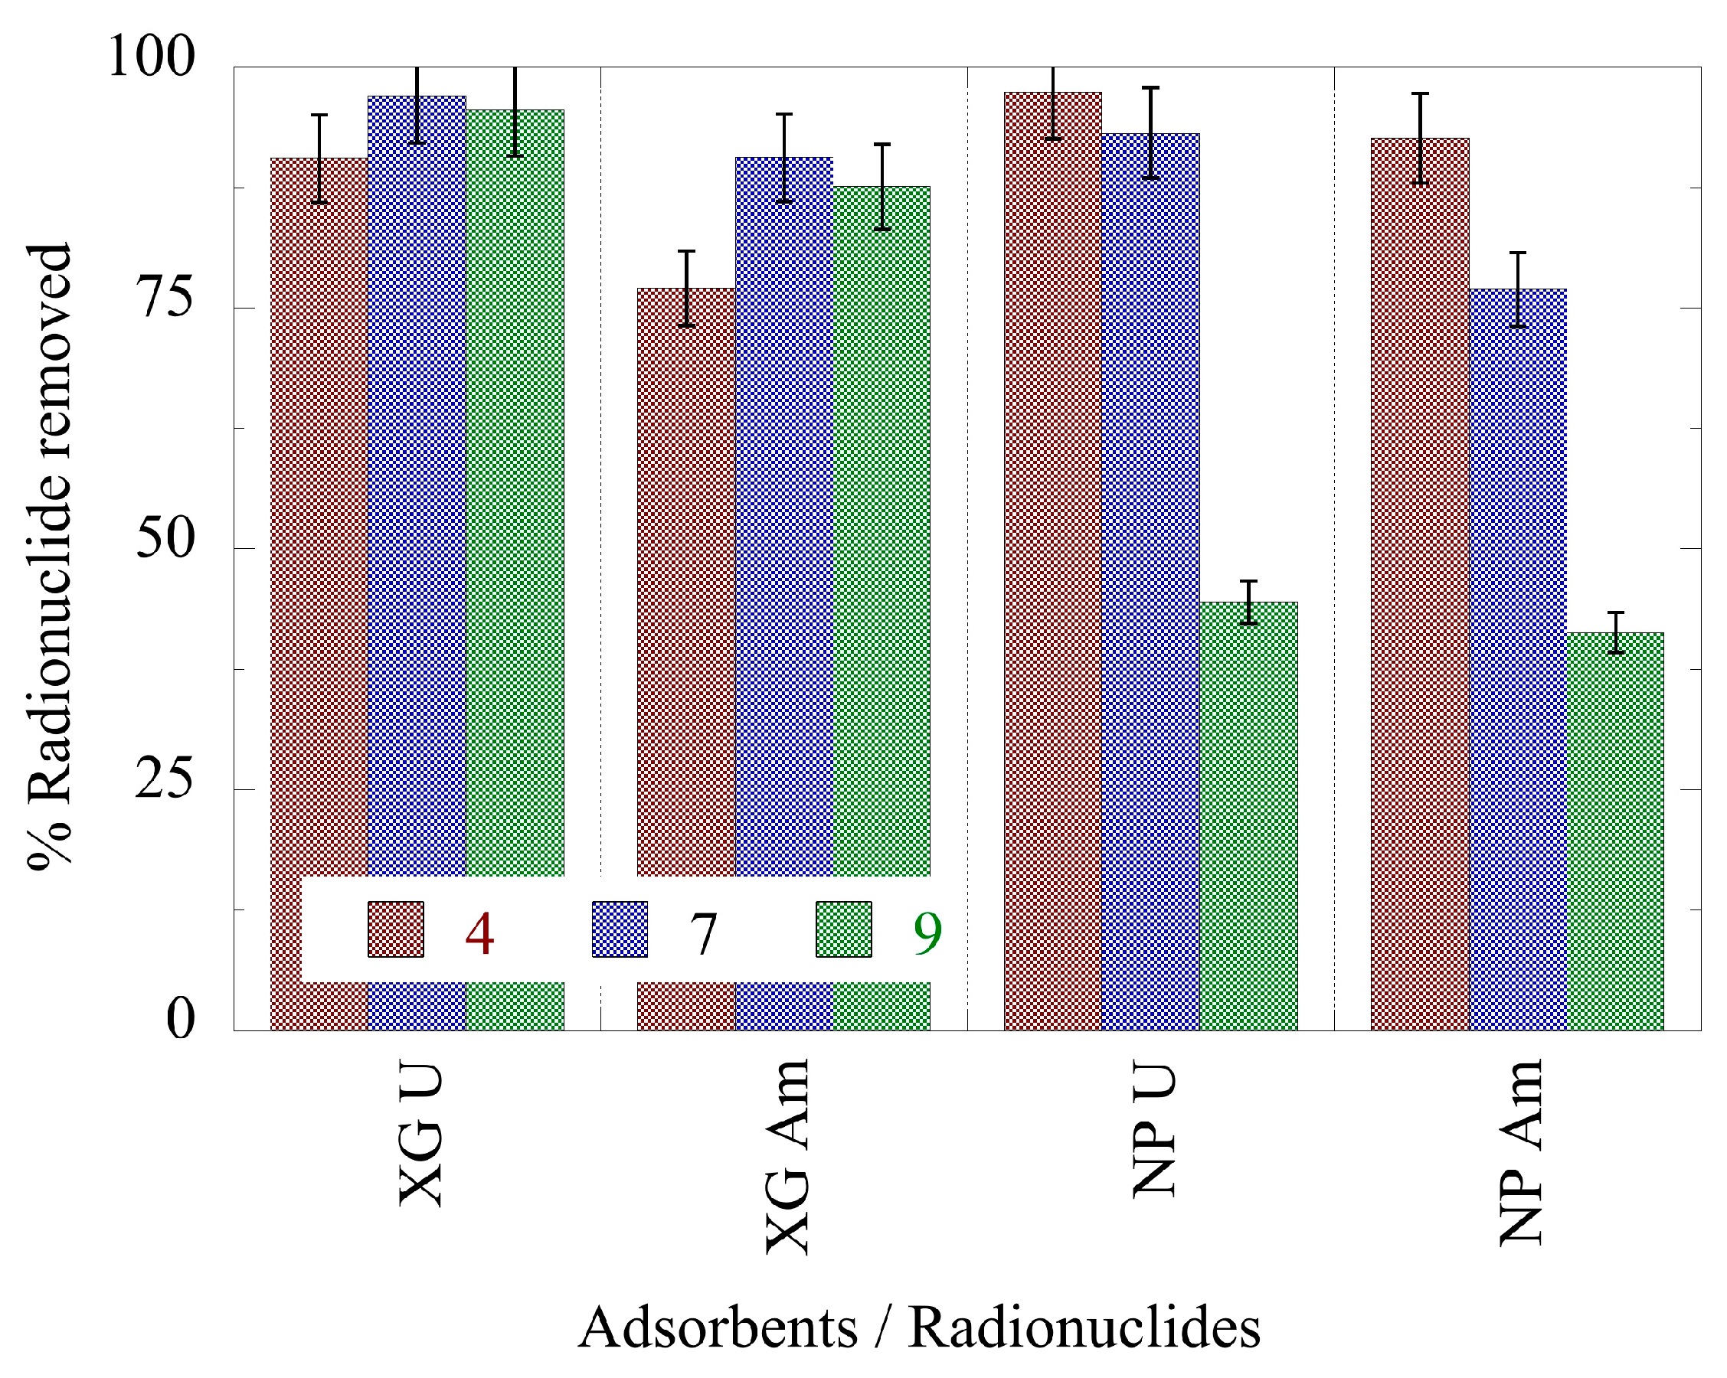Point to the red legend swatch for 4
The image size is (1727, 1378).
pos(396,929)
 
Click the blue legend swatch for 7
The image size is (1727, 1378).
pos(619,929)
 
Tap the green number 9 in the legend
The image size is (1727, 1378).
pos(927,932)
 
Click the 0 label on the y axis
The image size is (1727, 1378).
pos(180,1019)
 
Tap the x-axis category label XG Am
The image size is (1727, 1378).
pos(787,1156)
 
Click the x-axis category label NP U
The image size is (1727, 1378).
pos(1153,1130)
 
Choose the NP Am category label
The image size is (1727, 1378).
pos(1520,1152)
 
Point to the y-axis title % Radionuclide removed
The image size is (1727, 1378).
pos(50,556)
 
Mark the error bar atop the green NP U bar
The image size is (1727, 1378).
pos(1248,602)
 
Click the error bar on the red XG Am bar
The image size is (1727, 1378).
pos(685,289)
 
